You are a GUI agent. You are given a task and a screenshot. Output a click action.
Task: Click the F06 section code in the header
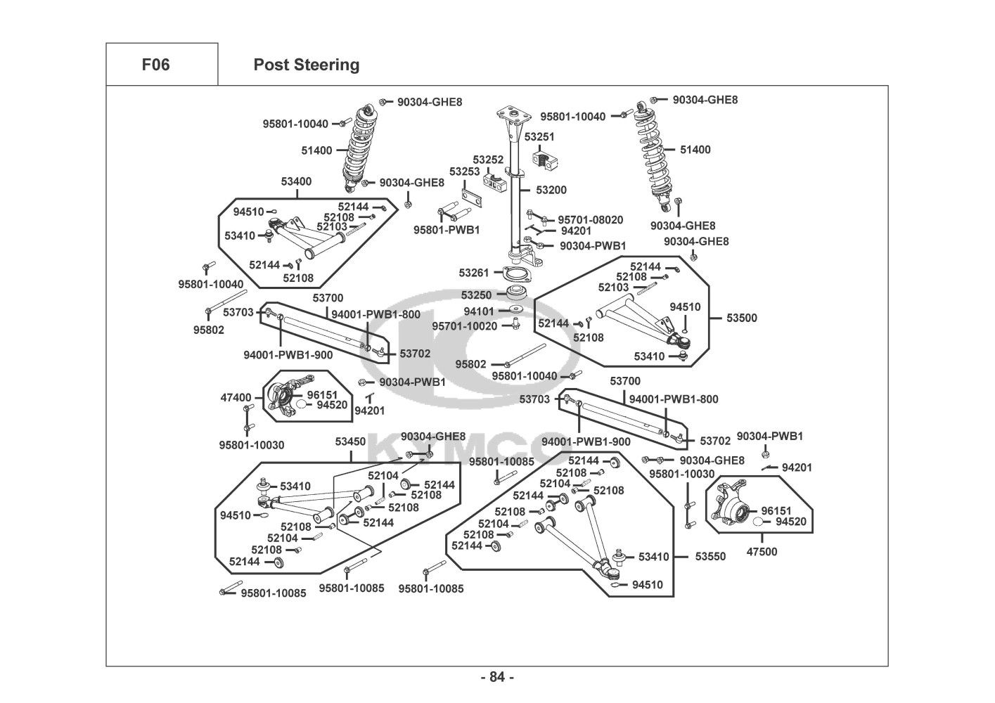pyautogui.click(x=155, y=65)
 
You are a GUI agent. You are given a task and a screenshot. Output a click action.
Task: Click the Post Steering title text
pyautogui.click(x=306, y=65)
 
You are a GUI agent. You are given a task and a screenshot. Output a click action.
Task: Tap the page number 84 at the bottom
pyautogui.click(x=497, y=677)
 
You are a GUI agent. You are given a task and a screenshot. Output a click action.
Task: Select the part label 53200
pyautogui.click(x=551, y=190)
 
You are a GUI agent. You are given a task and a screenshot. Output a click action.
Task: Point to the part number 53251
pyautogui.click(x=539, y=137)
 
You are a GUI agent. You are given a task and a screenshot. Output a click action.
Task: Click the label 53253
pyautogui.click(x=464, y=172)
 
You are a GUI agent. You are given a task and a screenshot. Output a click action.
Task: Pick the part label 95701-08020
pyautogui.click(x=590, y=219)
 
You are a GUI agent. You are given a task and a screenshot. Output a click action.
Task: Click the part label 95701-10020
pyautogui.click(x=464, y=326)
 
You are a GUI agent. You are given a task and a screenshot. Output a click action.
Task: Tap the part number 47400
pyautogui.click(x=236, y=398)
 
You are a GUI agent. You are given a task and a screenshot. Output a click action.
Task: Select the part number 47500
pyautogui.click(x=762, y=552)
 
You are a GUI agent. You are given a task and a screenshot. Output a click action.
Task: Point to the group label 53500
pyautogui.click(x=742, y=318)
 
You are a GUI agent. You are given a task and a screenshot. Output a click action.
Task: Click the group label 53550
pyautogui.click(x=710, y=556)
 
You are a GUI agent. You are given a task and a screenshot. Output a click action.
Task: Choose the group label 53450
pyautogui.click(x=350, y=441)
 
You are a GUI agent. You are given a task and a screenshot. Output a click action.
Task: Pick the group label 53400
pyautogui.click(x=296, y=181)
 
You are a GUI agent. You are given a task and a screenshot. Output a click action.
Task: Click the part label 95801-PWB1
pyautogui.click(x=447, y=230)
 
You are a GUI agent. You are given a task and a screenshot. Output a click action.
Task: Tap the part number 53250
pyautogui.click(x=476, y=295)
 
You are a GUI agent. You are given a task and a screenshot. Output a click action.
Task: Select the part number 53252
pyautogui.click(x=488, y=160)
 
